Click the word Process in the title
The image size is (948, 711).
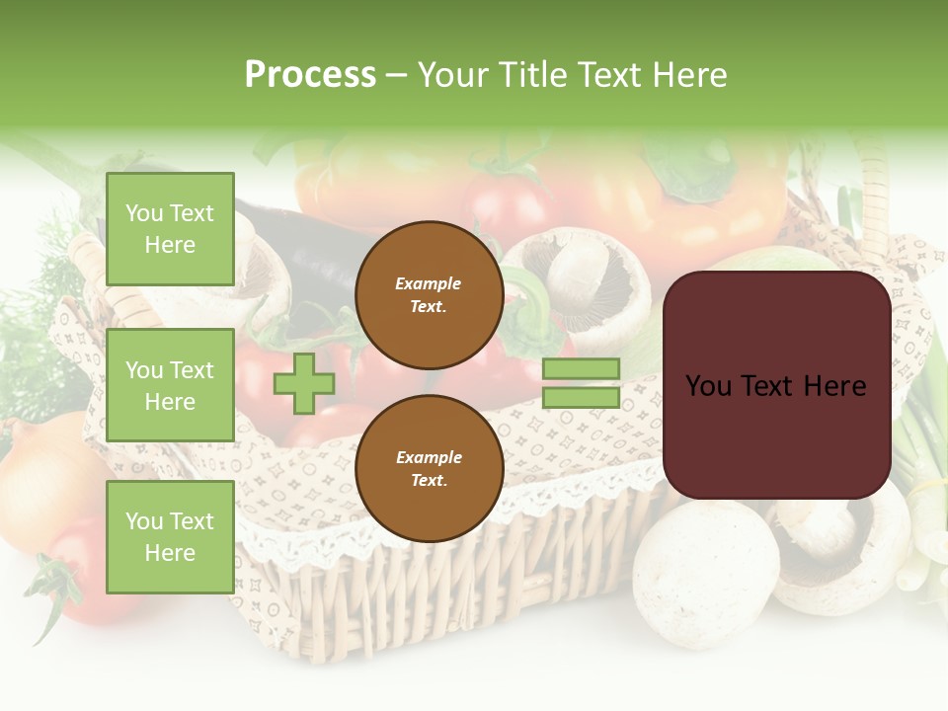click(310, 75)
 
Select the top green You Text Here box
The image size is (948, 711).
click(170, 229)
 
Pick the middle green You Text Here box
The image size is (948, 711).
click(170, 385)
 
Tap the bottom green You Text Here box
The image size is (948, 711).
click(170, 536)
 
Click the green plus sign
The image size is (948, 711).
click(303, 383)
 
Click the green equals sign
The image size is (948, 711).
click(581, 383)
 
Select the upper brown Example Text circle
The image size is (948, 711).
click(429, 294)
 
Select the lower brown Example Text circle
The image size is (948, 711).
click(429, 469)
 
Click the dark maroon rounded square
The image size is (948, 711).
click(776, 385)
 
